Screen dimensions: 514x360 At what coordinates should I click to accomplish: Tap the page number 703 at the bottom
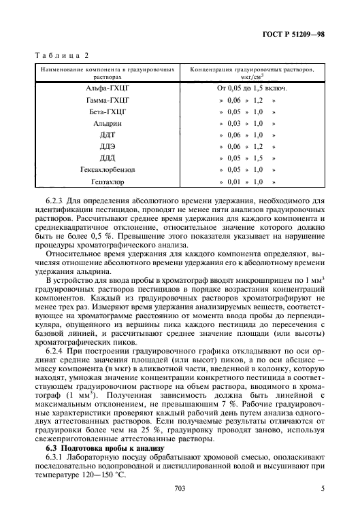[180, 487]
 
